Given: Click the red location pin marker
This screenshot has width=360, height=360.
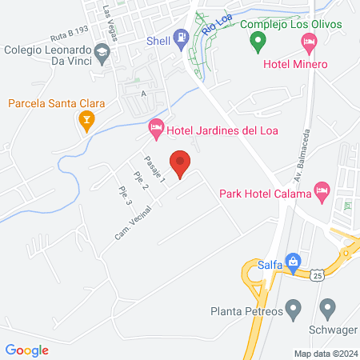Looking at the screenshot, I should (x=181, y=163).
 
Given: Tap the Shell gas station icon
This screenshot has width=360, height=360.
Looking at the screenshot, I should (x=183, y=36).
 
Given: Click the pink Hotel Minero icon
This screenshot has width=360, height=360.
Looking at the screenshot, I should (x=257, y=64).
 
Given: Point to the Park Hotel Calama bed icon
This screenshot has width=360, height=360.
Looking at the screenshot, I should (x=322, y=190).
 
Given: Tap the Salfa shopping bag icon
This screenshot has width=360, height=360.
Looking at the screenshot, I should (x=294, y=261).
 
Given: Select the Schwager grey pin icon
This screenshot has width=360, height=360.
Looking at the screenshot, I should (x=326, y=307).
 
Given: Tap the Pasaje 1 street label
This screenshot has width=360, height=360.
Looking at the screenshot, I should (x=154, y=169).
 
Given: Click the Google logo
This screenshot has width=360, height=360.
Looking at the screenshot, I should (x=26, y=350).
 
